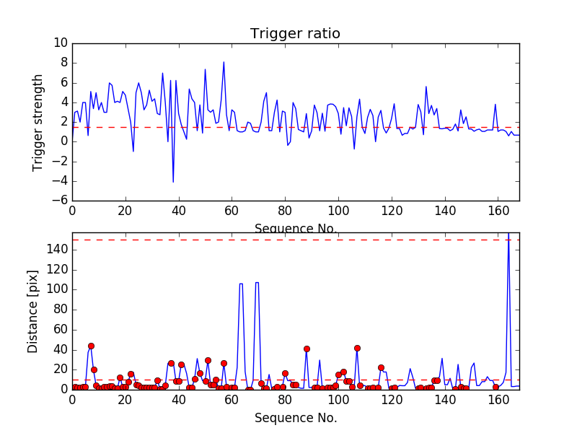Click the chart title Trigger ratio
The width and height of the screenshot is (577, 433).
tap(295, 34)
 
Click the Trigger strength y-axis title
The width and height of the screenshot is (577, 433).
tap(38, 122)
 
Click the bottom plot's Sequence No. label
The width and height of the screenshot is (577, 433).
tap(295, 418)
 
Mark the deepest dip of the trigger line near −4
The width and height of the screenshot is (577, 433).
tap(173, 182)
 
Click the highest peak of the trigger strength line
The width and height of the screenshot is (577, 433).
tap(224, 62)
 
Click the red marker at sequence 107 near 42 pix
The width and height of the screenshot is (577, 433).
tap(357, 348)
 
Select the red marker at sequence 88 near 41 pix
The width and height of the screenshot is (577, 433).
tap(307, 349)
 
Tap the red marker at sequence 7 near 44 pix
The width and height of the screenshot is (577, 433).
tap(91, 346)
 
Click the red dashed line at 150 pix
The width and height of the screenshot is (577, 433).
tap(288, 240)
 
